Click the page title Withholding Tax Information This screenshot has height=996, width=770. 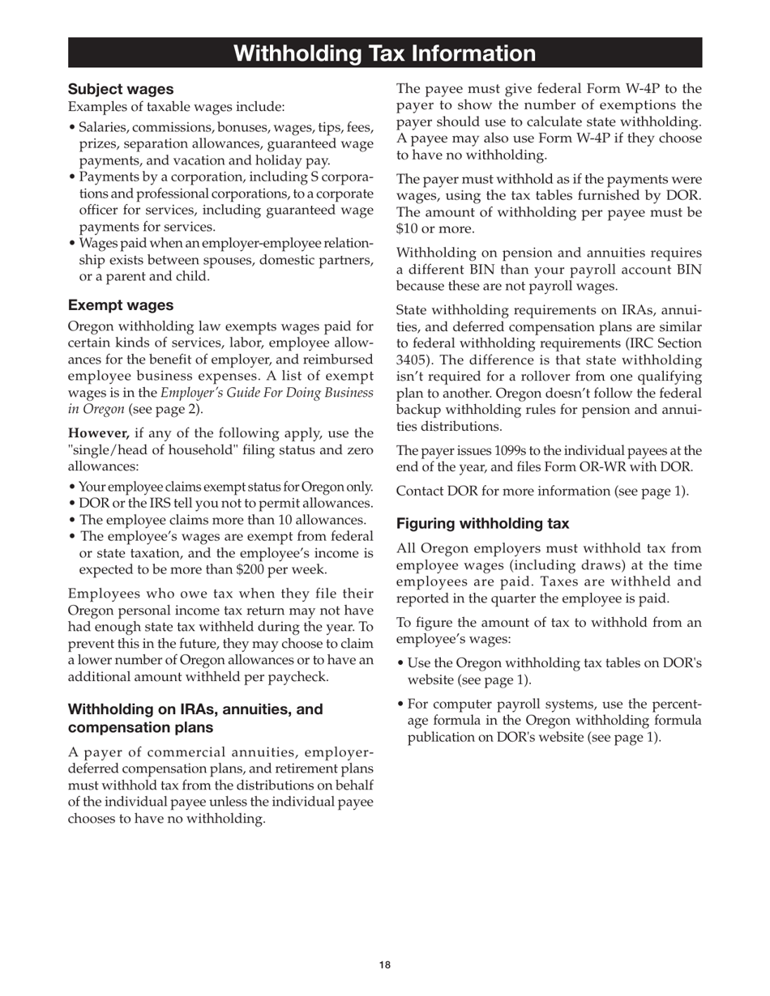pyautogui.click(x=384, y=53)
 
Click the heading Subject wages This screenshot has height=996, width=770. pyautogui.click(x=120, y=89)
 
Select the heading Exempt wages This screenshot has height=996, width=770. pyautogui.click(x=120, y=305)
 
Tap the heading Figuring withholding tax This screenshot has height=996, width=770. pyautogui.click(x=482, y=524)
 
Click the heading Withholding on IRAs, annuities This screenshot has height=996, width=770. pyautogui.click(x=195, y=709)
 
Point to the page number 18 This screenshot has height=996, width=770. pyautogui.click(x=384, y=964)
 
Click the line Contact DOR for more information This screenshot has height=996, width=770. pyautogui.click(x=542, y=491)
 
